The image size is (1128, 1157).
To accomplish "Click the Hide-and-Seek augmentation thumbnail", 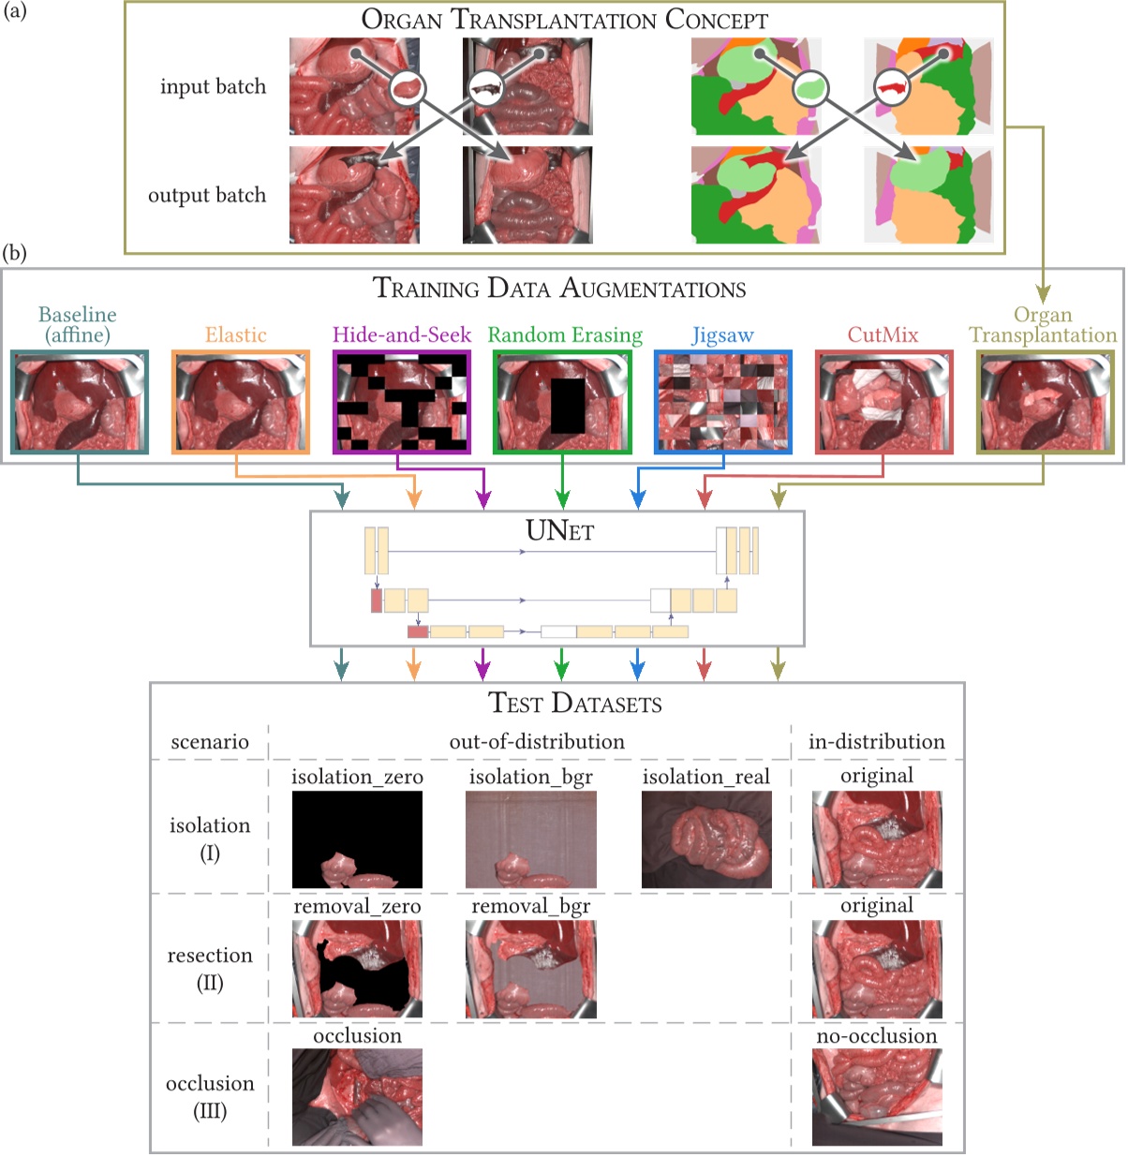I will click(x=401, y=402).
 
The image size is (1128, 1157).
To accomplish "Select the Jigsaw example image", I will click(x=722, y=402).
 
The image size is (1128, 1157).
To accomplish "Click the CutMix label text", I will click(x=883, y=334).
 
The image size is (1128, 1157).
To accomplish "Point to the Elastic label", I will click(x=236, y=334).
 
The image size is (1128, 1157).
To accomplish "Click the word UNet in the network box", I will click(x=559, y=531).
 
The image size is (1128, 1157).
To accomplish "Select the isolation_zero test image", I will click(x=357, y=839).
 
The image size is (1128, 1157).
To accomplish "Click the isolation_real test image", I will click(x=706, y=839).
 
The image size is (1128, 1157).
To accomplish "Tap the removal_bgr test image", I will click(x=530, y=969).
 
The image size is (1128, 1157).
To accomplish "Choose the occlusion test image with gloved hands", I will click(x=357, y=1097).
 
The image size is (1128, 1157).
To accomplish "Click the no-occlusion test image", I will click(x=877, y=1097).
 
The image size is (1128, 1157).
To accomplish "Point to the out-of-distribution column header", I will click(x=537, y=741).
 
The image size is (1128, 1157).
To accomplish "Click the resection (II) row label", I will click(x=210, y=968).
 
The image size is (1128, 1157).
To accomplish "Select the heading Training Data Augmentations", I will click(x=559, y=288).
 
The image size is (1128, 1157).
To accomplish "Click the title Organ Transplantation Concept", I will click(x=564, y=19).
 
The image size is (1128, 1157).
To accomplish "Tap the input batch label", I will click(x=213, y=86).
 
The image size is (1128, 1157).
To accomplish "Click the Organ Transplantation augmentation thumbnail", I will click(x=1044, y=402).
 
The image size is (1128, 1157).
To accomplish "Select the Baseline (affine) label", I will click(x=78, y=324).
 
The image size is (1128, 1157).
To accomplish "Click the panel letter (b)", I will click(x=14, y=253).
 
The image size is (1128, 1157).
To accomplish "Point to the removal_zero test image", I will click(x=357, y=969).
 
